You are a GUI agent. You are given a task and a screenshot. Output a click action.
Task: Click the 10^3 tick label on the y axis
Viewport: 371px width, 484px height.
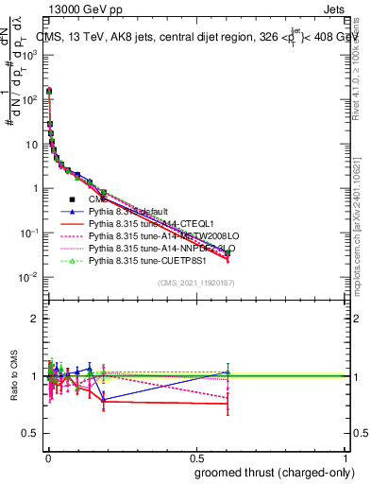[x=29, y=55]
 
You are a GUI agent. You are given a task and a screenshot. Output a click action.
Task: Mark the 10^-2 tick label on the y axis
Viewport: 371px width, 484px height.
[x=29, y=277]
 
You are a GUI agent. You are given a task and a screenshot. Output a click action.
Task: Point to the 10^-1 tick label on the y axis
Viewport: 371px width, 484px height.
[x=29, y=233]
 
